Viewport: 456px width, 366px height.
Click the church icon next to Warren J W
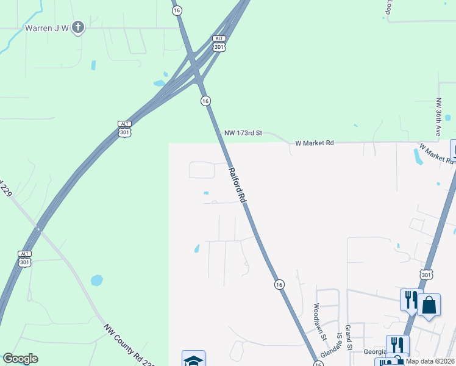[x=77, y=27]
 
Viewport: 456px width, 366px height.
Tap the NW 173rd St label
[x=243, y=132]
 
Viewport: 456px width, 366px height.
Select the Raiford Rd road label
[x=238, y=185]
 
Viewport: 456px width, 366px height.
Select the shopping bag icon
[x=429, y=305]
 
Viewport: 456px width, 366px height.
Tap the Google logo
[x=20, y=359]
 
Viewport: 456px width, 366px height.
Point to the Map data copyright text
[x=429, y=361]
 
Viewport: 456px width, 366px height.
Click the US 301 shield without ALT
[x=426, y=275]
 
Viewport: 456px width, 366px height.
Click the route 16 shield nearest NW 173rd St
[x=205, y=101]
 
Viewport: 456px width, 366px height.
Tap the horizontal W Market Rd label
[x=314, y=143]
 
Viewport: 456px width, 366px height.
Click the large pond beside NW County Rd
[x=97, y=281]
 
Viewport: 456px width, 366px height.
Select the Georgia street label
[x=374, y=351]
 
